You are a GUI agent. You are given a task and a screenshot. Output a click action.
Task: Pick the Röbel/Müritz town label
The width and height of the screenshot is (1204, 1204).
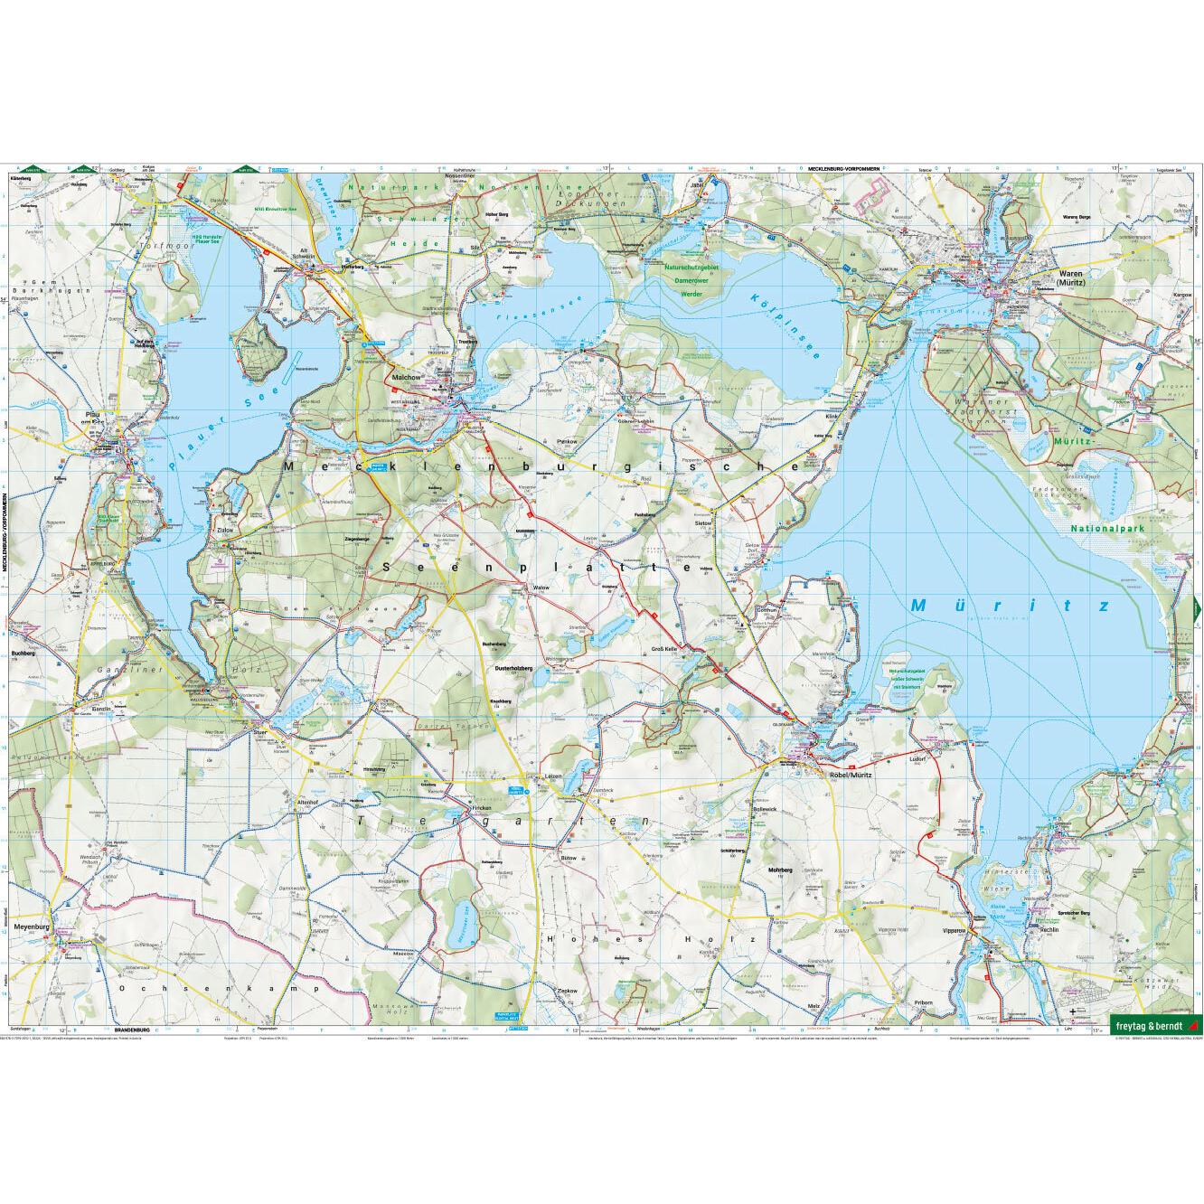[842, 761]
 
